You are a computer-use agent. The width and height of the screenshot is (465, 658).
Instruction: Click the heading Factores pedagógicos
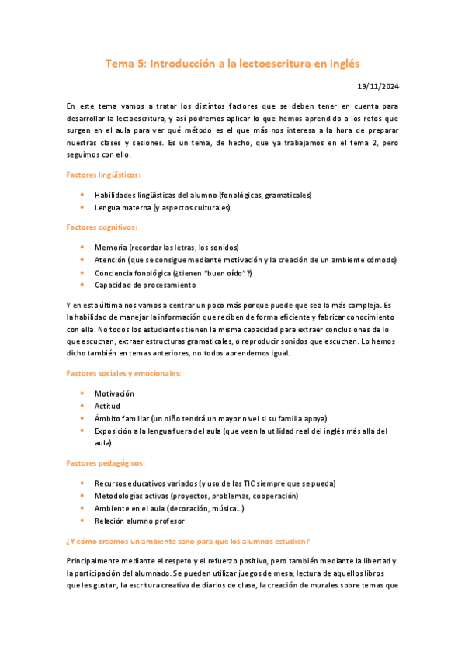[x=105, y=463]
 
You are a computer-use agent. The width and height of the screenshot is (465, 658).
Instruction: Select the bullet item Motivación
[x=114, y=393]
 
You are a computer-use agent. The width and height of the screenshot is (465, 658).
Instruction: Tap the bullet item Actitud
[x=107, y=405]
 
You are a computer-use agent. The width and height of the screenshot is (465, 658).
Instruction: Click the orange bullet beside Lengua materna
[x=82, y=208]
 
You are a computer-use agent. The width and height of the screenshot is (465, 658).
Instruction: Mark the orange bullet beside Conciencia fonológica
[x=82, y=273]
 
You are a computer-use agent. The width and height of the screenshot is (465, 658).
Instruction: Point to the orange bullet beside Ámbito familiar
[x=82, y=417]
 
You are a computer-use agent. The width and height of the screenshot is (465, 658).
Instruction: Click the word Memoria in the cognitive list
[x=111, y=247]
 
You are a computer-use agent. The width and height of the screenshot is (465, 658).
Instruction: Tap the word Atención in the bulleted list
[x=111, y=260]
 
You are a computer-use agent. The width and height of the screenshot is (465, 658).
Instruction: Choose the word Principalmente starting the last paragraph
[x=96, y=560]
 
